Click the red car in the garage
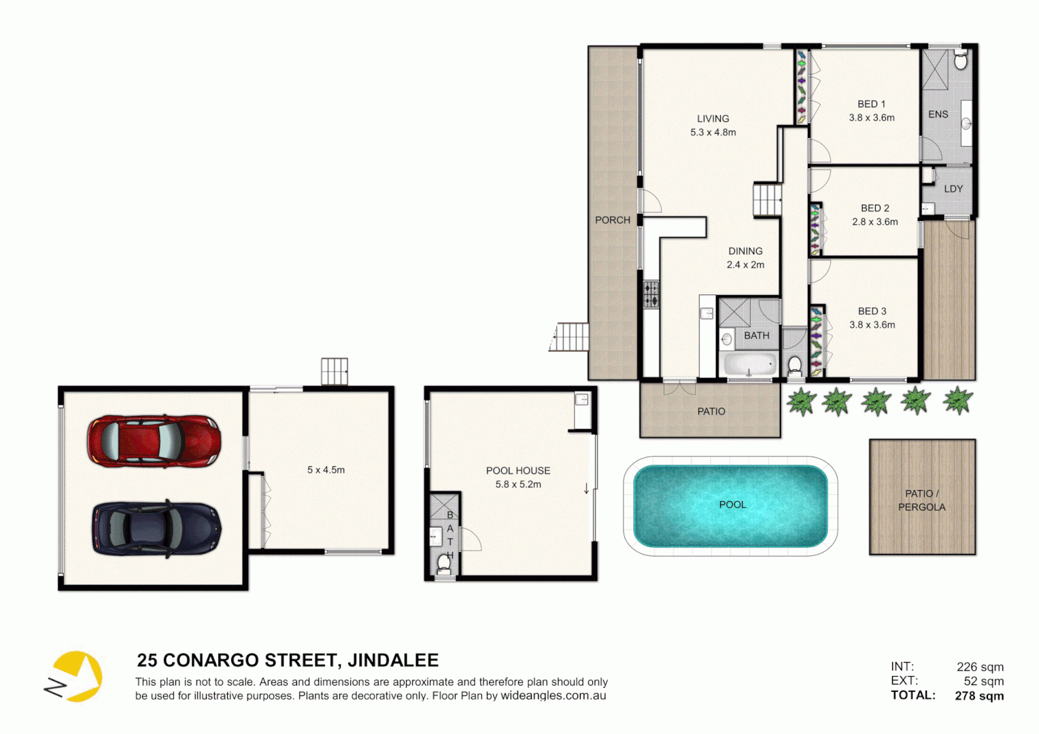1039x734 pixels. pyautogui.click(x=154, y=441)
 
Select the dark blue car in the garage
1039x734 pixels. pyautogui.click(x=156, y=529)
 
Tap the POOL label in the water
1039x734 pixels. pyautogui.click(x=732, y=504)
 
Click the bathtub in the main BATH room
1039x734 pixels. pyautogui.click(x=749, y=364)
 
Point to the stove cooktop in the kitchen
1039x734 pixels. pyautogui.click(x=651, y=294)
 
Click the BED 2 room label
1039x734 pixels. pyautogui.click(x=874, y=208)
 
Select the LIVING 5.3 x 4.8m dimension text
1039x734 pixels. pyautogui.click(x=713, y=133)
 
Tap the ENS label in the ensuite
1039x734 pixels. pyautogui.click(x=938, y=114)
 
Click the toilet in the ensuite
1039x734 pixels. pyautogui.click(x=960, y=61)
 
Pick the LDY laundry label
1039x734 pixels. pyautogui.click(x=953, y=189)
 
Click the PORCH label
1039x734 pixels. pyautogui.click(x=613, y=220)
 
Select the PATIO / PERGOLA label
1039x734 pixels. pyautogui.click(x=921, y=500)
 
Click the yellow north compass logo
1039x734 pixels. pyautogui.click(x=75, y=676)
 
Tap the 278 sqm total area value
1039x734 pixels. pyautogui.click(x=979, y=695)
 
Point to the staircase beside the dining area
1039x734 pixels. pyautogui.click(x=767, y=200)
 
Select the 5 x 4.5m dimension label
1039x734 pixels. pyautogui.click(x=326, y=470)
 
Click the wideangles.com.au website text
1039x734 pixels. pyautogui.click(x=553, y=695)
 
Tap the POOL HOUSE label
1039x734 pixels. pyautogui.click(x=518, y=470)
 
